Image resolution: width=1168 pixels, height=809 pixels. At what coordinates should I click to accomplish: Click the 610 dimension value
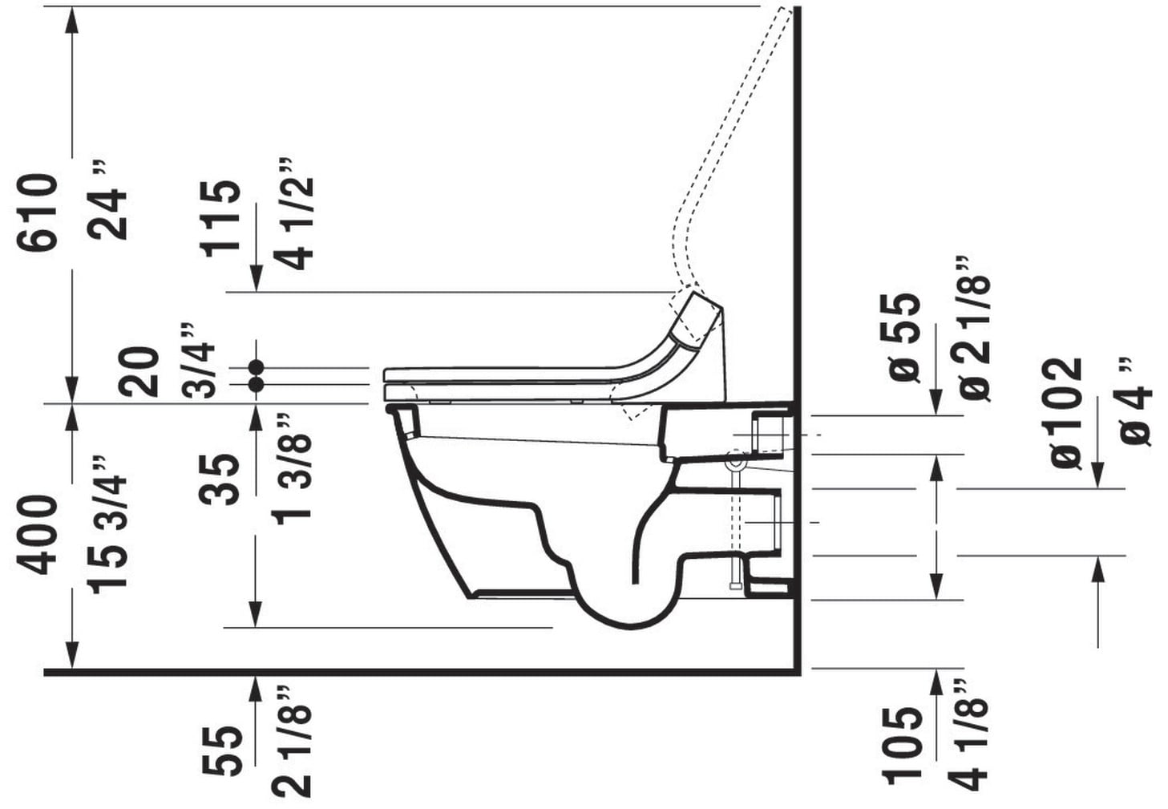click(37, 212)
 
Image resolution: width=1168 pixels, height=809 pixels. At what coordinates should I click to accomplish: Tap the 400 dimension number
click(37, 536)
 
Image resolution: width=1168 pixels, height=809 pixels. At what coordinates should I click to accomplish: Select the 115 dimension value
click(220, 219)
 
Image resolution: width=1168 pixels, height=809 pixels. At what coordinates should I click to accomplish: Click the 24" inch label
click(107, 200)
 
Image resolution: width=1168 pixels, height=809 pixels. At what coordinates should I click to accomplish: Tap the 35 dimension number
click(220, 479)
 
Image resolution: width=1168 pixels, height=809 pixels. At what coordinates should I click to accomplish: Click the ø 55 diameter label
click(899, 338)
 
